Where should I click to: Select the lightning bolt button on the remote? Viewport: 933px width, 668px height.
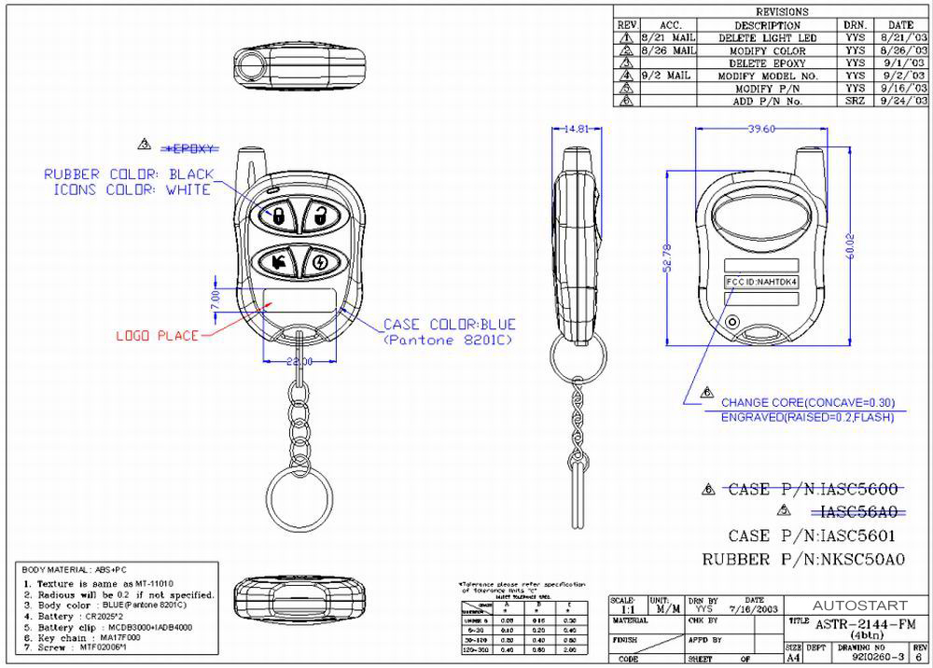[x=320, y=262]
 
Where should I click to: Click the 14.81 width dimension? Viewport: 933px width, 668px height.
[x=577, y=130]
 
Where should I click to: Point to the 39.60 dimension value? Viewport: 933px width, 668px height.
[x=761, y=130]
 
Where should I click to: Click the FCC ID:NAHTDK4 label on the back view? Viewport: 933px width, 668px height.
[x=761, y=281]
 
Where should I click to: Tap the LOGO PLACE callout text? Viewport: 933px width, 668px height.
[x=157, y=335]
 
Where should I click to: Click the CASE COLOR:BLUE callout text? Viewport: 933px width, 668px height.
[x=449, y=325]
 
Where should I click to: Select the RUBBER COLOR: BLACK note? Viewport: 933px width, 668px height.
[x=129, y=174]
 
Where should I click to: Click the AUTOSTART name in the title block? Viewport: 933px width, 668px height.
[x=855, y=605]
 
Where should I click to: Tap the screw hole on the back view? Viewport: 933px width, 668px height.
[x=732, y=323]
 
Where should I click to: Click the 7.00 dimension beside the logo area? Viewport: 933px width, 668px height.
[x=215, y=299]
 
